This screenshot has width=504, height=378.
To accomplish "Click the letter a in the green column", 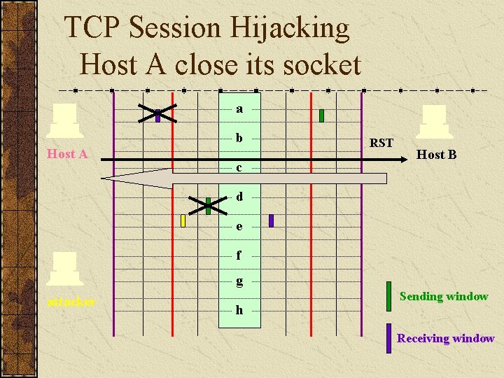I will tap(239, 108).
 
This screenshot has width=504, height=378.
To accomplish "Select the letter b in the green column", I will tap(239, 138).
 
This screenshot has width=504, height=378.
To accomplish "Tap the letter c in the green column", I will tap(239, 167).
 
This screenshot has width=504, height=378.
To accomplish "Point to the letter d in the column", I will tap(239, 197).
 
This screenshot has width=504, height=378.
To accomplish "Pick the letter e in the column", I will tap(239, 226).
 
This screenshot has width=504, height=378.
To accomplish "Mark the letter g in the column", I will tap(239, 281).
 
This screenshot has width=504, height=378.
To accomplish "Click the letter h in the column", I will tap(239, 309).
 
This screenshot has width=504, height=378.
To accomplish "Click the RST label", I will tap(381, 143).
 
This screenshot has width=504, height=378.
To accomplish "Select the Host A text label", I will tap(67, 154).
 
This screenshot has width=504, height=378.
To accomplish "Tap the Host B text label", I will tap(436, 155).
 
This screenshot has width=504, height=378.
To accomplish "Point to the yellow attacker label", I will tap(71, 302).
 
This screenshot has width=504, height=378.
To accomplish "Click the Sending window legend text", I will tap(444, 296).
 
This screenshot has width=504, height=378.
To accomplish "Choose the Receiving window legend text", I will tap(446, 338).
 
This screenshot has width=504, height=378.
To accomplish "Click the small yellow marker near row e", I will tap(183, 220).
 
